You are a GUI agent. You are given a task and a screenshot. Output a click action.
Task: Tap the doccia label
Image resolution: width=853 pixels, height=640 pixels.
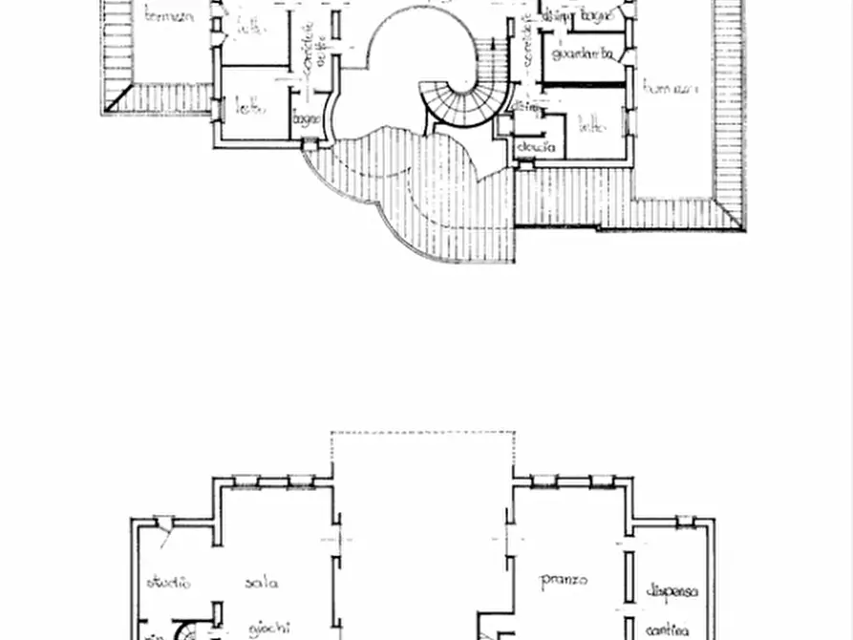[536, 147]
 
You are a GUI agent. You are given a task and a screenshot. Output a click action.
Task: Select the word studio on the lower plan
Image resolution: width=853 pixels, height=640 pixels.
[168, 582]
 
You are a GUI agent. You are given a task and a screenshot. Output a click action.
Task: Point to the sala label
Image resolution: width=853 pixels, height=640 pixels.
[261, 582]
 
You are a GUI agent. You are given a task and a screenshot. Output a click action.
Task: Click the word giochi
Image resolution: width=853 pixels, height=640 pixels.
[269, 629]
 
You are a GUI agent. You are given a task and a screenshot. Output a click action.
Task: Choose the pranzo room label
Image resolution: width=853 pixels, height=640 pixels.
[564, 579]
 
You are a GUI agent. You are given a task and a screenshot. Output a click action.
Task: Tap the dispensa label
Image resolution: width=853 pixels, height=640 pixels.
[672, 590]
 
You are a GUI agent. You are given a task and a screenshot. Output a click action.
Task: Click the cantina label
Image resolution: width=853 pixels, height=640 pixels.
[668, 630]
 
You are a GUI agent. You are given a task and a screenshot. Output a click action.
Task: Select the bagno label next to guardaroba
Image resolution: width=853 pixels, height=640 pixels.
[596, 15]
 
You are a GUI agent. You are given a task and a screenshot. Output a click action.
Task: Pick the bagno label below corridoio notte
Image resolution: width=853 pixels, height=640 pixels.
[305, 119]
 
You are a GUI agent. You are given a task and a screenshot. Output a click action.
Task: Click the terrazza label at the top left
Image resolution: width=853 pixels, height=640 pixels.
[169, 15]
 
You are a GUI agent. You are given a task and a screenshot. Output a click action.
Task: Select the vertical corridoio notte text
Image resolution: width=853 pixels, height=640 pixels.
[309, 43]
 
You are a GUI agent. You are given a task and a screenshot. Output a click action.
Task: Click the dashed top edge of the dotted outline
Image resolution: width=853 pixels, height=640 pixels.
[422, 433]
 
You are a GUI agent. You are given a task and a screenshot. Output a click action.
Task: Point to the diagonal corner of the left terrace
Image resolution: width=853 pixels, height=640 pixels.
[118, 98]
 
